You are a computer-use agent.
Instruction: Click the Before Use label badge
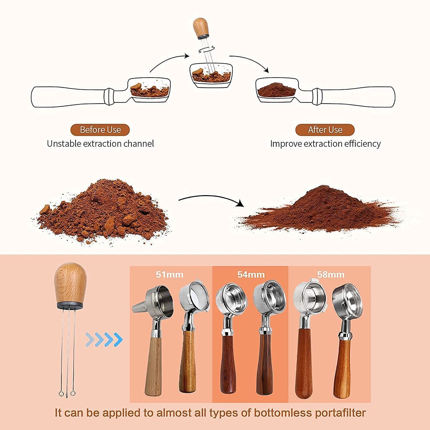pos(100,130)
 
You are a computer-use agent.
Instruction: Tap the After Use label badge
pos(325,130)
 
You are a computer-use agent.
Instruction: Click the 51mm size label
pos(170,274)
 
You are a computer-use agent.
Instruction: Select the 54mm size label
pos(251,274)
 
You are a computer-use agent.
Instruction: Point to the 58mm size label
pos(331,274)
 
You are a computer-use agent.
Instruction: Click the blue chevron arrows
pos(104,340)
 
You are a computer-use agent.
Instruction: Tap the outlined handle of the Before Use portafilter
pos(68,97)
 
